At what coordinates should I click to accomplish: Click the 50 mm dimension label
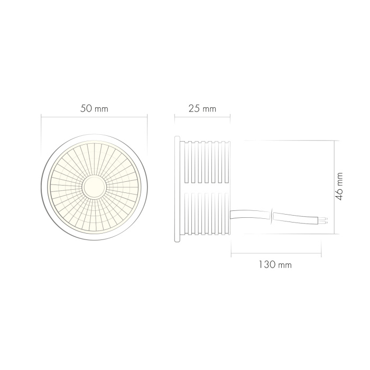coord(94,109)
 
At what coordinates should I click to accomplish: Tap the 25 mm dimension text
coord(202,109)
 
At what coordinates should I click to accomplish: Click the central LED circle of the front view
coord(94,187)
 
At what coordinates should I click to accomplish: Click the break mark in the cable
coord(272,215)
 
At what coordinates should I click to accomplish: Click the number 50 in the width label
coord(87,109)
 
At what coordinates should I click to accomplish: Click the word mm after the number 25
coord(209,109)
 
